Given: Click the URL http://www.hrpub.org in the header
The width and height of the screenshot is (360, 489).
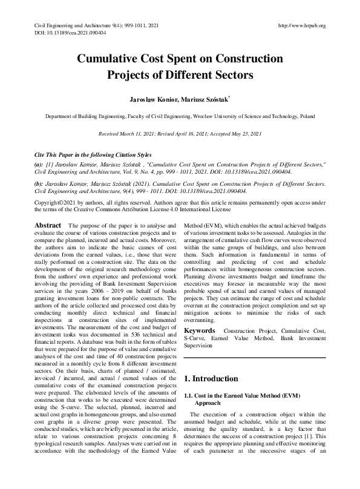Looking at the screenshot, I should pyautogui.click(x=301, y=25).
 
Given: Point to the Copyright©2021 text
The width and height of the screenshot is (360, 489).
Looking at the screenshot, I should pyautogui.click(x=59, y=202).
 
